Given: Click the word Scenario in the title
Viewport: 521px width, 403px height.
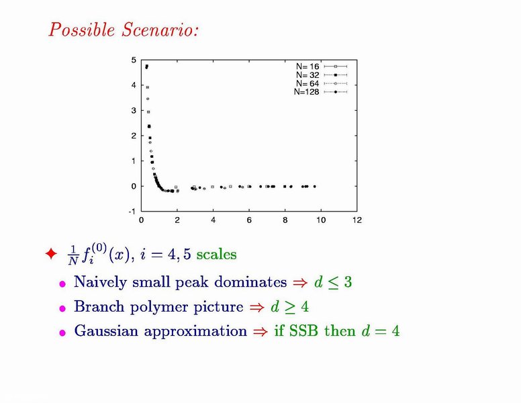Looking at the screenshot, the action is tap(160, 30).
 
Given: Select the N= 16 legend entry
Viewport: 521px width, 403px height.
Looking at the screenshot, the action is tap(322, 66).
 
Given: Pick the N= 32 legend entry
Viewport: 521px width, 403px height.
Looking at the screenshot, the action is tap(322, 75).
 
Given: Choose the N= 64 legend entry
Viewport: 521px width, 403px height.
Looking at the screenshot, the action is tap(322, 83).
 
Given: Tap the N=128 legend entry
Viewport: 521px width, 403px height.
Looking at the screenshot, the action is tap(321, 92).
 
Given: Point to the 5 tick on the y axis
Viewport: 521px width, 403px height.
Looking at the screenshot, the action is tap(134, 60).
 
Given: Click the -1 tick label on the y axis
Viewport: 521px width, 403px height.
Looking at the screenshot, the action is tap(132, 212).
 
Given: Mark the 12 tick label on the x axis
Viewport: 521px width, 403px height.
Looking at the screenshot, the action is tap(357, 220).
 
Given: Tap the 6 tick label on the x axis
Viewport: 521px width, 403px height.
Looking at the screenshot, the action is tap(249, 220).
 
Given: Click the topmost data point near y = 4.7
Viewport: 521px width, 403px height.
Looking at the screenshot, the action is tap(146, 67).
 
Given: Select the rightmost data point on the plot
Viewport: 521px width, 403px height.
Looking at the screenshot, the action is tap(315, 187).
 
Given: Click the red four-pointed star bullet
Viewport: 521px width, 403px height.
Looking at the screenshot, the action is tap(51, 254).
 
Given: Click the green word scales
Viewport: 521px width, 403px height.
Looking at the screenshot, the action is tap(216, 255).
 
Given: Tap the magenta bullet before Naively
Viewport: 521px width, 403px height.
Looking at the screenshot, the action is tap(62, 284).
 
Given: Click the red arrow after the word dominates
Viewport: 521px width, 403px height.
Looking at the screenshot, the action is tap(300, 283).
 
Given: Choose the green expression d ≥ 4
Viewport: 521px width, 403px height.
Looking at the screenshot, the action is tap(290, 306).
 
